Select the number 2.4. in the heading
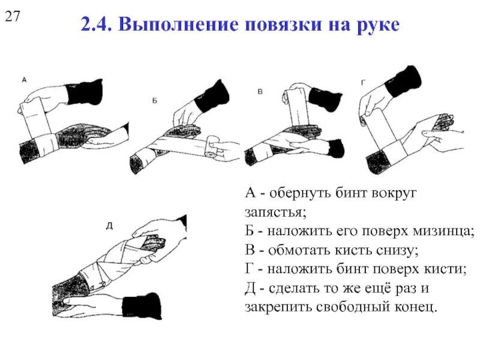pyautogui.click(x=95, y=26)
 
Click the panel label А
pyautogui.click(x=23, y=79)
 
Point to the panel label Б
pyautogui.click(x=154, y=101)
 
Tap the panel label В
pyautogui.click(x=260, y=92)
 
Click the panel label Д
pyautogui.click(x=109, y=226)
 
